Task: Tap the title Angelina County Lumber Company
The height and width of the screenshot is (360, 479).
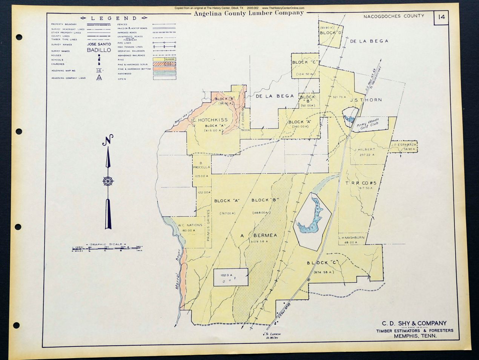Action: (249, 13)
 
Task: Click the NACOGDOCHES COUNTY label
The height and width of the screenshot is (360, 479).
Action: (394, 16)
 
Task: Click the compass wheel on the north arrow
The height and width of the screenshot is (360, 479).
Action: (108, 181)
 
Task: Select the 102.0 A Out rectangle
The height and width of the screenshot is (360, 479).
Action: (231, 277)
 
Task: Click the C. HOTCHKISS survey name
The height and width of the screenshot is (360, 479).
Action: (210, 120)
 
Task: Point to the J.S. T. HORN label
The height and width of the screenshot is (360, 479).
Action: (365, 100)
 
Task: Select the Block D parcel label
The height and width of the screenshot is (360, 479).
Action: (331, 32)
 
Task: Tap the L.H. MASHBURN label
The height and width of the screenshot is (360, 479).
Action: (351, 237)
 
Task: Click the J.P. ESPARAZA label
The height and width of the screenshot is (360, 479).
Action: (403, 144)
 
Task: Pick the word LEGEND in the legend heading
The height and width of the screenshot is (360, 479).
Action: (114, 18)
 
